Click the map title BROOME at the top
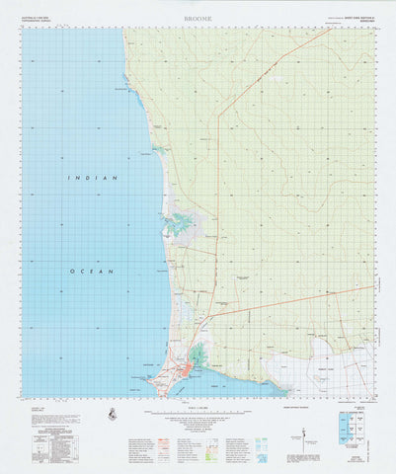pos(198,17)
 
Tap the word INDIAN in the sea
pos(83,178)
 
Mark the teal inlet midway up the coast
pos(180,224)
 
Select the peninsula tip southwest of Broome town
pos(158,386)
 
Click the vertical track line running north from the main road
pos(219,197)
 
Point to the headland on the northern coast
pos(127,85)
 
